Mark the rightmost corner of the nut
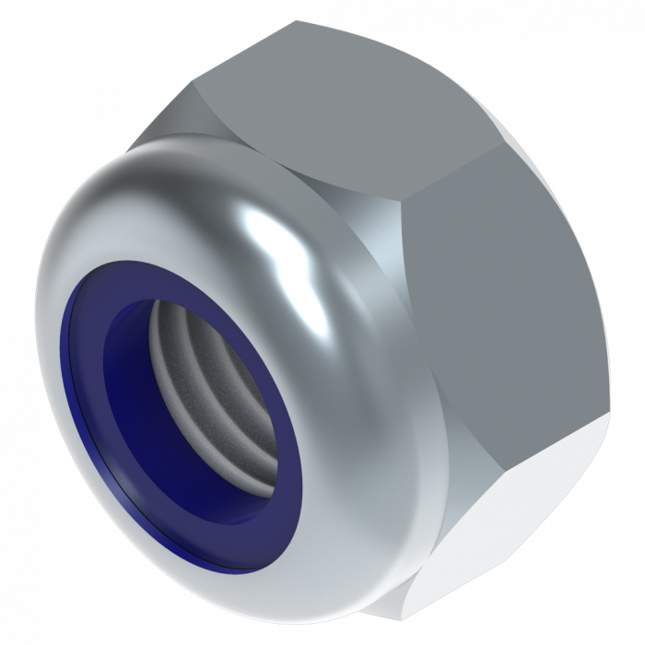coord(609,419)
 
